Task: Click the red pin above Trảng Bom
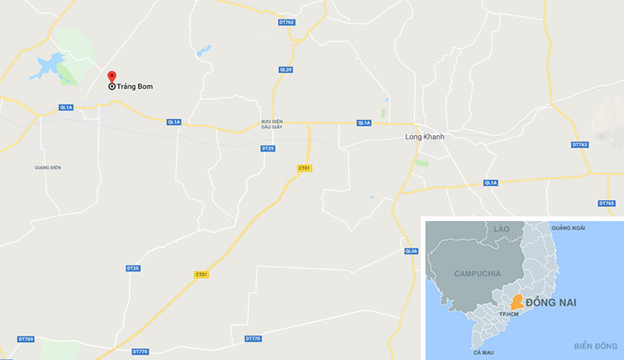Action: [x=112, y=77]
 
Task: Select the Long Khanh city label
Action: [x=424, y=136]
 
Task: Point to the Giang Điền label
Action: [x=47, y=167]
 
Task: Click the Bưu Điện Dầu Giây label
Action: [x=272, y=125]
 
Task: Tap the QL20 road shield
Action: [x=286, y=69]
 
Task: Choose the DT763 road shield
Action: [x=580, y=145]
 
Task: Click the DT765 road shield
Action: [x=606, y=203]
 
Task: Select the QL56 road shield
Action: [x=410, y=250]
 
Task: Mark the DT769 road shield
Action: [x=26, y=338]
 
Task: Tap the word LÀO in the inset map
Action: [x=501, y=229]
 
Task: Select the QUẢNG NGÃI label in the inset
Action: [x=568, y=228]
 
